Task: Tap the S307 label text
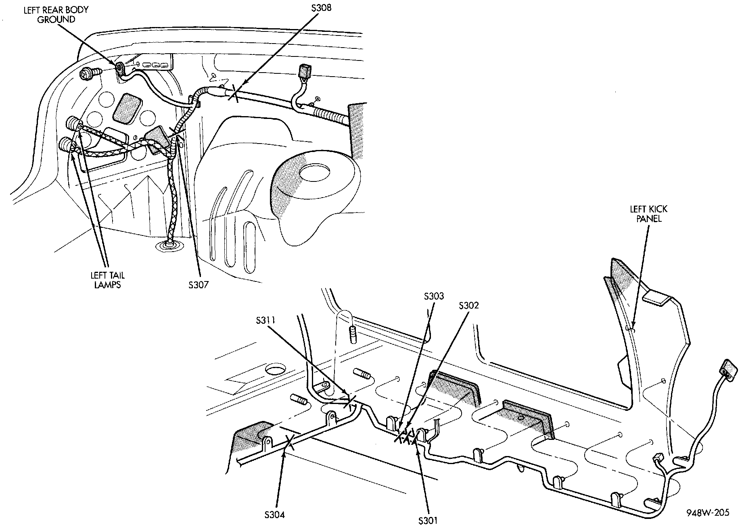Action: (x=198, y=285)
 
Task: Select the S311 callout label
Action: (x=265, y=321)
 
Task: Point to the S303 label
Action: (x=434, y=296)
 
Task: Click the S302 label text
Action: (x=468, y=306)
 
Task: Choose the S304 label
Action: (x=275, y=514)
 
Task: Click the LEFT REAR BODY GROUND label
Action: (x=56, y=14)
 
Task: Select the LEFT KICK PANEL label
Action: (x=648, y=214)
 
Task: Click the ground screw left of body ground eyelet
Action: (x=86, y=73)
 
